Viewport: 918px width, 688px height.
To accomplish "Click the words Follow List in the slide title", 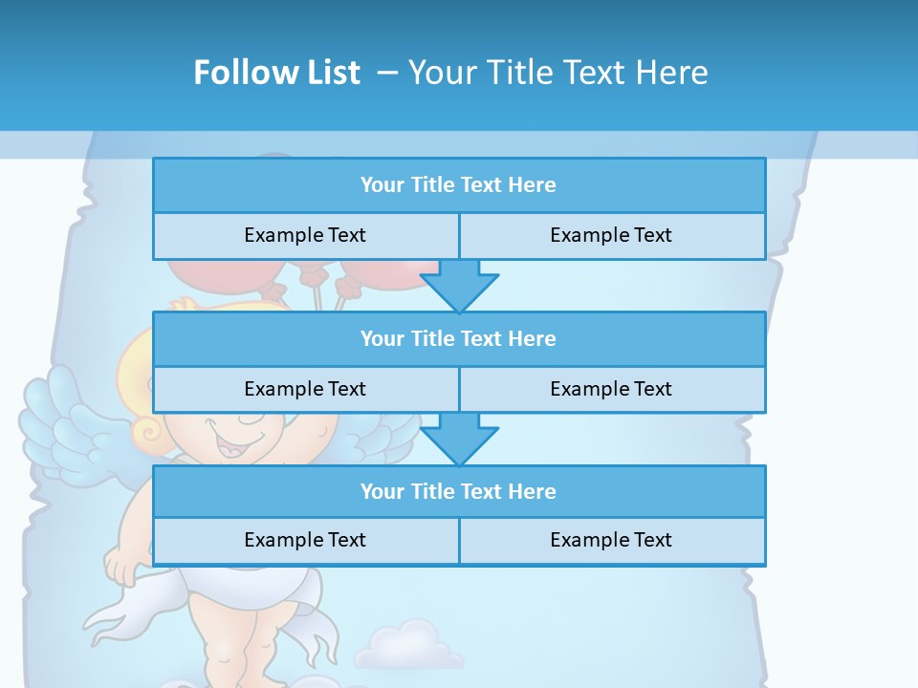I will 276,73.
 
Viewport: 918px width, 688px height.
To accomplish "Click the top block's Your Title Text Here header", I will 458,185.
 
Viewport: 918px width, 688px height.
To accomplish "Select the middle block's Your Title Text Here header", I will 458,338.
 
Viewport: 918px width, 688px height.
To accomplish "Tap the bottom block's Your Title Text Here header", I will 458,491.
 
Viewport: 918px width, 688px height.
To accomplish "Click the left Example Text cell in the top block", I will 305,235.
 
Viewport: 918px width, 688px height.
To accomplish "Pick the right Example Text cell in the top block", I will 611,235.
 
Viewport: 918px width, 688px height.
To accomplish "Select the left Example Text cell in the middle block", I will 305,389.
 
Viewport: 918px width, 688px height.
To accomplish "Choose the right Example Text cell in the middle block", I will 611,389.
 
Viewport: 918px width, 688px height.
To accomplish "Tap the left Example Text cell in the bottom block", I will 305,540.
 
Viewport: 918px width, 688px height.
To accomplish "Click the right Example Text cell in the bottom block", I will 611,540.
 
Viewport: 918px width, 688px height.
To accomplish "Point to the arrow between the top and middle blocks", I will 459,286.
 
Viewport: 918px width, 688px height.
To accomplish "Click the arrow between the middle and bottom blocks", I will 459,439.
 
